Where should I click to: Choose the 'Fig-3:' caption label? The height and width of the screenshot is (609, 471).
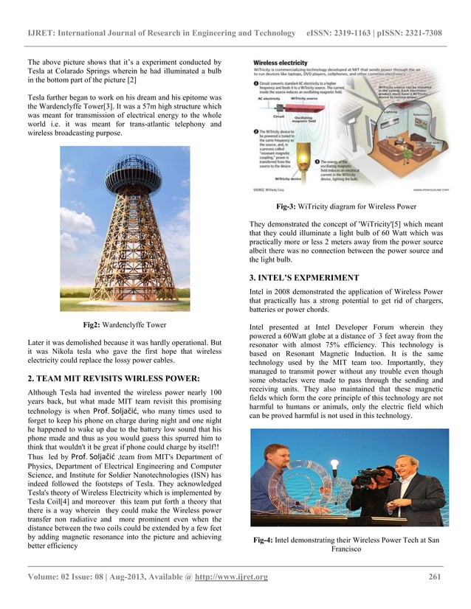tap(289, 207)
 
